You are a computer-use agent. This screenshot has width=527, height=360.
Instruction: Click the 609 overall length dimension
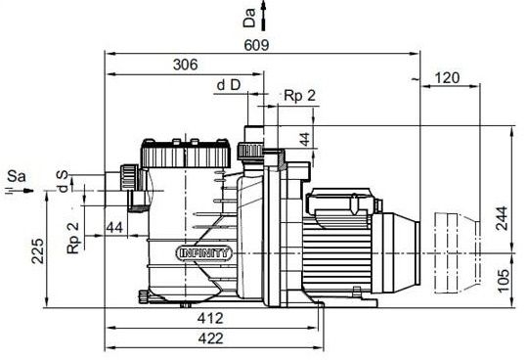point(256,45)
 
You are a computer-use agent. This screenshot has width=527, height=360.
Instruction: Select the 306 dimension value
point(186,65)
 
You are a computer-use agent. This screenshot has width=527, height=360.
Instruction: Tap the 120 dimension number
point(447,78)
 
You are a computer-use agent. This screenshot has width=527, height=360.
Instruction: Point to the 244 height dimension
point(502,218)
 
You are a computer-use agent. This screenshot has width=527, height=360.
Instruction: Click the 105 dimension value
point(504,281)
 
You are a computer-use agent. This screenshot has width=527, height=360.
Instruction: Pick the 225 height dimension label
point(37,251)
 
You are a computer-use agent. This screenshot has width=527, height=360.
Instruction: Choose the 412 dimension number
point(210,318)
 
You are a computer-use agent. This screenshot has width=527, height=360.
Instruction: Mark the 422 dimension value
point(211,338)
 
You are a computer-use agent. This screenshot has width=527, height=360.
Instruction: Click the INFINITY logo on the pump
point(204,252)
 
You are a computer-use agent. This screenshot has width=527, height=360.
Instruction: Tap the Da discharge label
point(249,18)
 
